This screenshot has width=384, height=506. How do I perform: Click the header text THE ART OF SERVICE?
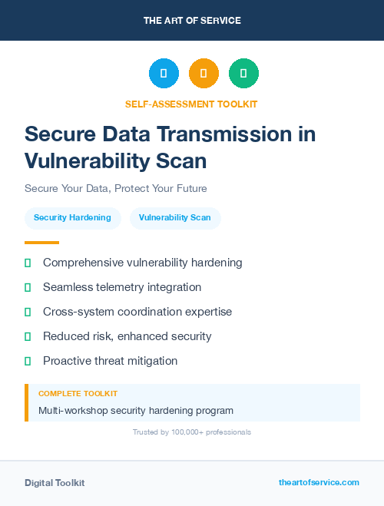tap(192, 20)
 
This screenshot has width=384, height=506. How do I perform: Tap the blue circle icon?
tap(164, 74)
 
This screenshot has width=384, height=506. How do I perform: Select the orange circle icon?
tap(204, 74)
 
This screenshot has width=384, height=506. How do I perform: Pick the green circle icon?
tap(243, 74)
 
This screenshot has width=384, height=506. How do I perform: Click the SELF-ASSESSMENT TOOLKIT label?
tap(191, 104)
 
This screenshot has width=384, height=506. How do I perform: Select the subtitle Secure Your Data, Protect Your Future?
tap(116, 188)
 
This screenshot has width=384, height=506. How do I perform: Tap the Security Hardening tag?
tap(72, 218)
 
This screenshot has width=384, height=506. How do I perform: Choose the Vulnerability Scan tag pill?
tap(174, 218)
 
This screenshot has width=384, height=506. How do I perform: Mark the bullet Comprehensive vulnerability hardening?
tap(142, 263)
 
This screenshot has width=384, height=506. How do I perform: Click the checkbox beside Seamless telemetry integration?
tap(28, 287)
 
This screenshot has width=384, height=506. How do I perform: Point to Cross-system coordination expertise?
tap(137, 312)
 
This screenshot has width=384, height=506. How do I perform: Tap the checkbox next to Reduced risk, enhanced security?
tap(28, 336)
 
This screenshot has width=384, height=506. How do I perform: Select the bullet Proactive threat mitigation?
tap(110, 361)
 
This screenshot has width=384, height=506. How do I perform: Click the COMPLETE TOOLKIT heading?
tap(78, 393)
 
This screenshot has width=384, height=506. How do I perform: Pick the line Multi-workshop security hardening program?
tap(136, 411)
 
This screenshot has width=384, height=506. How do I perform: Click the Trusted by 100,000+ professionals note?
tap(192, 432)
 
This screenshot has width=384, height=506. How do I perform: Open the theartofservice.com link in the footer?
tap(319, 482)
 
